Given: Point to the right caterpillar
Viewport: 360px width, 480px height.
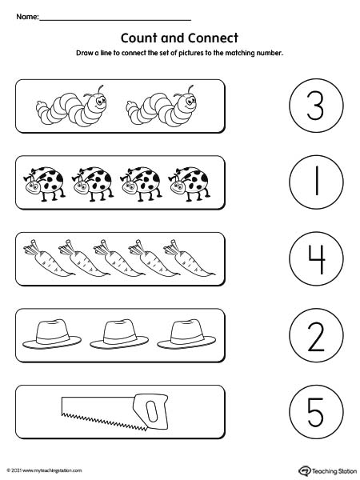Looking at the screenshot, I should [x=161, y=106].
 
